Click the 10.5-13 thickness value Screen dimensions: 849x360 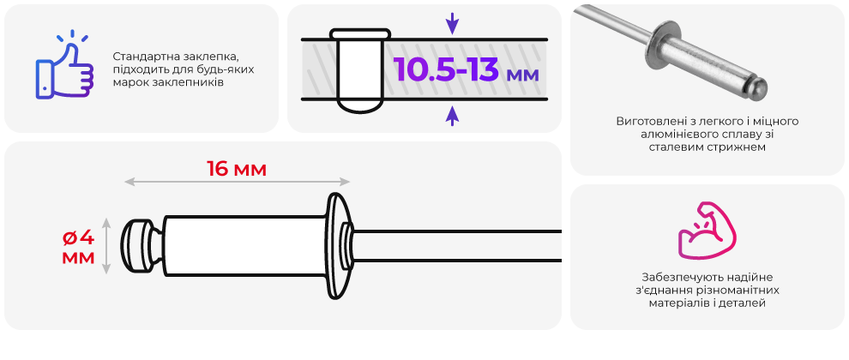pos(446,69)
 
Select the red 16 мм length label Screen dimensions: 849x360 pos(237,170)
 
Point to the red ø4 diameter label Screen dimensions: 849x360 pos(79,237)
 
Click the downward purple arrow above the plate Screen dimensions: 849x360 pos(452,23)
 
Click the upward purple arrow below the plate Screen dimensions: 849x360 pos(452,116)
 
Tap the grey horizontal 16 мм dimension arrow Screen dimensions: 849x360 pos(238,183)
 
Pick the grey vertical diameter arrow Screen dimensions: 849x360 pos(106,245)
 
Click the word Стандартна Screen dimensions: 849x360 pos(142,57)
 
